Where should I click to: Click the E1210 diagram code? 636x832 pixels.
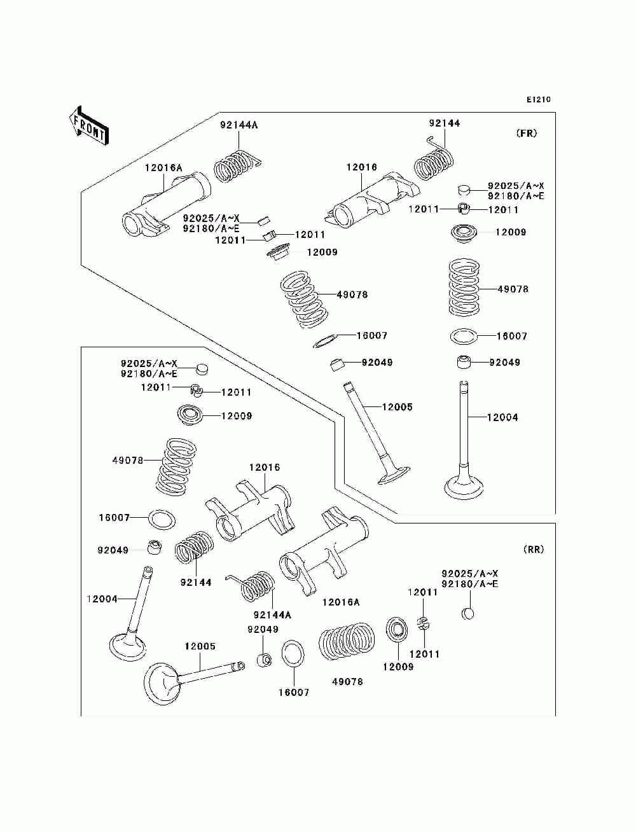[x=538, y=100]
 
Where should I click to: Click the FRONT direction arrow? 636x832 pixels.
[x=89, y=125]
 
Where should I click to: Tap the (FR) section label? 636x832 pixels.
[x=527, y=133]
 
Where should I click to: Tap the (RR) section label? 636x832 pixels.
[x=533, y=549]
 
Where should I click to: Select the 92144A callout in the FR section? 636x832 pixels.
[x=238, y=125]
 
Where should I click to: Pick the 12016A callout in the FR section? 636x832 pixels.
[x=163, y=167]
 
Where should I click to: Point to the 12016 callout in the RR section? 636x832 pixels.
[x=264, y=468]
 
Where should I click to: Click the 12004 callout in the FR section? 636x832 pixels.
[x=502, y=417]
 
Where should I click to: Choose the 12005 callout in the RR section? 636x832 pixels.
[x=200, y=646]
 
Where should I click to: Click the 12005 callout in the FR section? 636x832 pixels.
[x=397, y=407]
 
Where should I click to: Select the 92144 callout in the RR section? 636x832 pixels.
[x=196, y=582]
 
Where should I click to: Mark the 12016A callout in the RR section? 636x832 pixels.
[x=341, y=602]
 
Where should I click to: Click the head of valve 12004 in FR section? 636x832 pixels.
[x=464, y=489]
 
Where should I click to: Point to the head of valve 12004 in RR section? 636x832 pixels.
[x=127, y=646]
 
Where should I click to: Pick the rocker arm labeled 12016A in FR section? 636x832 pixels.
[x=166, y=205]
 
